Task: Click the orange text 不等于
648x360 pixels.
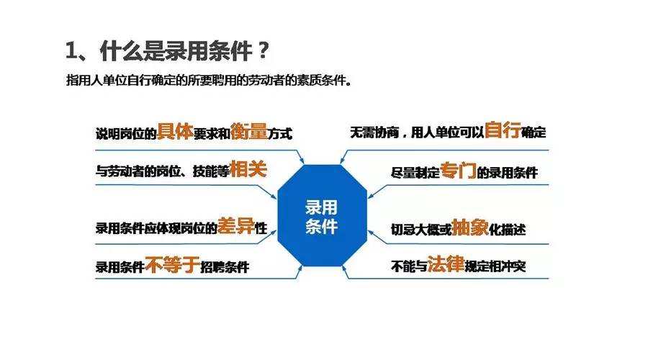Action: (x=171, y=266)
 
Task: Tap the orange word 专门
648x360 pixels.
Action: (x=459, y=171)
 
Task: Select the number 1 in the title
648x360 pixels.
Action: (x=71, y=51)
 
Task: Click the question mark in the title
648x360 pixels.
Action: (x=264, y=51)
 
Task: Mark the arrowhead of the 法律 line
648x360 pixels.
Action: (x=346, y=276)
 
